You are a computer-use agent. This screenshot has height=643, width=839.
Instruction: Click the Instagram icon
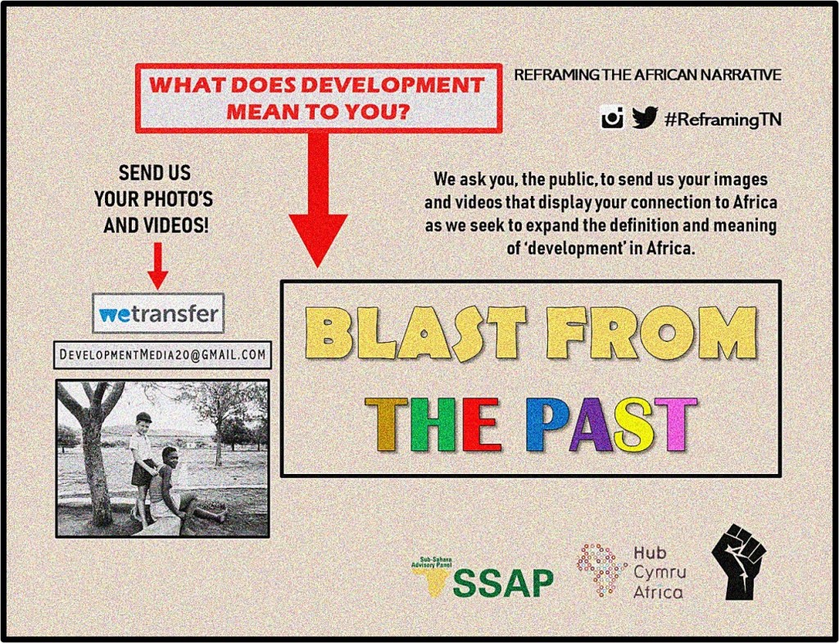[612, 117]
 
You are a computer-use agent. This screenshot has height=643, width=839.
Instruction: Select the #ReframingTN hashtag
[723, 119]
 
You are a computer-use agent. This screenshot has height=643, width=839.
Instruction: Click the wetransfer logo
[158, 313]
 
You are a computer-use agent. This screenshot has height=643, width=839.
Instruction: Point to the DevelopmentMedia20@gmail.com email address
[163, 355]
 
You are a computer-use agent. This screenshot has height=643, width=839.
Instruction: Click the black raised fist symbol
[739, 562]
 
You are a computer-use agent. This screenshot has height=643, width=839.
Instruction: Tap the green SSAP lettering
[503, 583]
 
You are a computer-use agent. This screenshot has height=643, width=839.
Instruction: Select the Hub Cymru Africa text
[660, 572]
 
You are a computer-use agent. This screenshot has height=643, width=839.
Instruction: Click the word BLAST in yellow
[415, 333]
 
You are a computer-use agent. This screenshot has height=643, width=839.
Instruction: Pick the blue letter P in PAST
[546, 424]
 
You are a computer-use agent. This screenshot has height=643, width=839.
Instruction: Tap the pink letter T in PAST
[675, 424]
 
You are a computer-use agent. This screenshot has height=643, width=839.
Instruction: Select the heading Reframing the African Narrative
[647, 75]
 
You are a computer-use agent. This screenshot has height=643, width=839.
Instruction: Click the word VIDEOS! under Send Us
[156, 226]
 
